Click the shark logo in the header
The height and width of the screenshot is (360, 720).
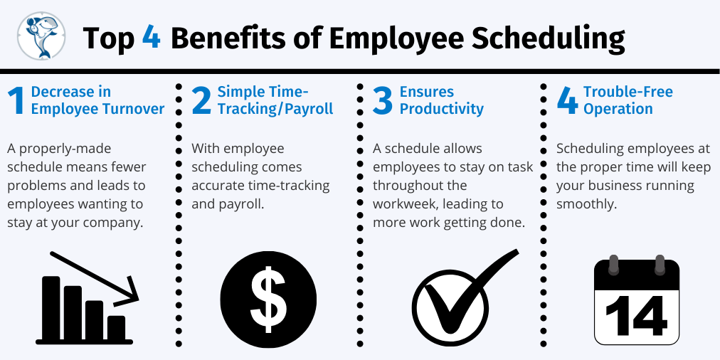(x=41, y=36)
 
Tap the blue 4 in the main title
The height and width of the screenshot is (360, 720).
(x=151, y=37)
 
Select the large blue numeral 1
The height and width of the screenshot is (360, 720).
(x=16, y=101)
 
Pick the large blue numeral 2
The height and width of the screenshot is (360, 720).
(x=201, y=101)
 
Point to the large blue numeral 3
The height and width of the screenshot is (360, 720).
(x=383, y=101)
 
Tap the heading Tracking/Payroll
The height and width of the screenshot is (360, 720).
(x=275, y=110)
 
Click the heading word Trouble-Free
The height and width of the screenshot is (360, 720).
(x=628, y=92)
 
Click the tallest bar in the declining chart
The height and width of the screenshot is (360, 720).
(x=51, y=307)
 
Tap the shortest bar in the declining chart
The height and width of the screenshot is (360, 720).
(x=116, y=328)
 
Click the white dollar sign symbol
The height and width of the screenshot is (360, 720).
(x=269, y=300)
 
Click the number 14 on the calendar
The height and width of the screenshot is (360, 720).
(x=637, y=316)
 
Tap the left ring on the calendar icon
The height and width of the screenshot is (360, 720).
(x=613, y=265)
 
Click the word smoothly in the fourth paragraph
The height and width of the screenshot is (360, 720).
(x=586, y=205)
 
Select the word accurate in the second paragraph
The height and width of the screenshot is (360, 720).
(x=219, y=186)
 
